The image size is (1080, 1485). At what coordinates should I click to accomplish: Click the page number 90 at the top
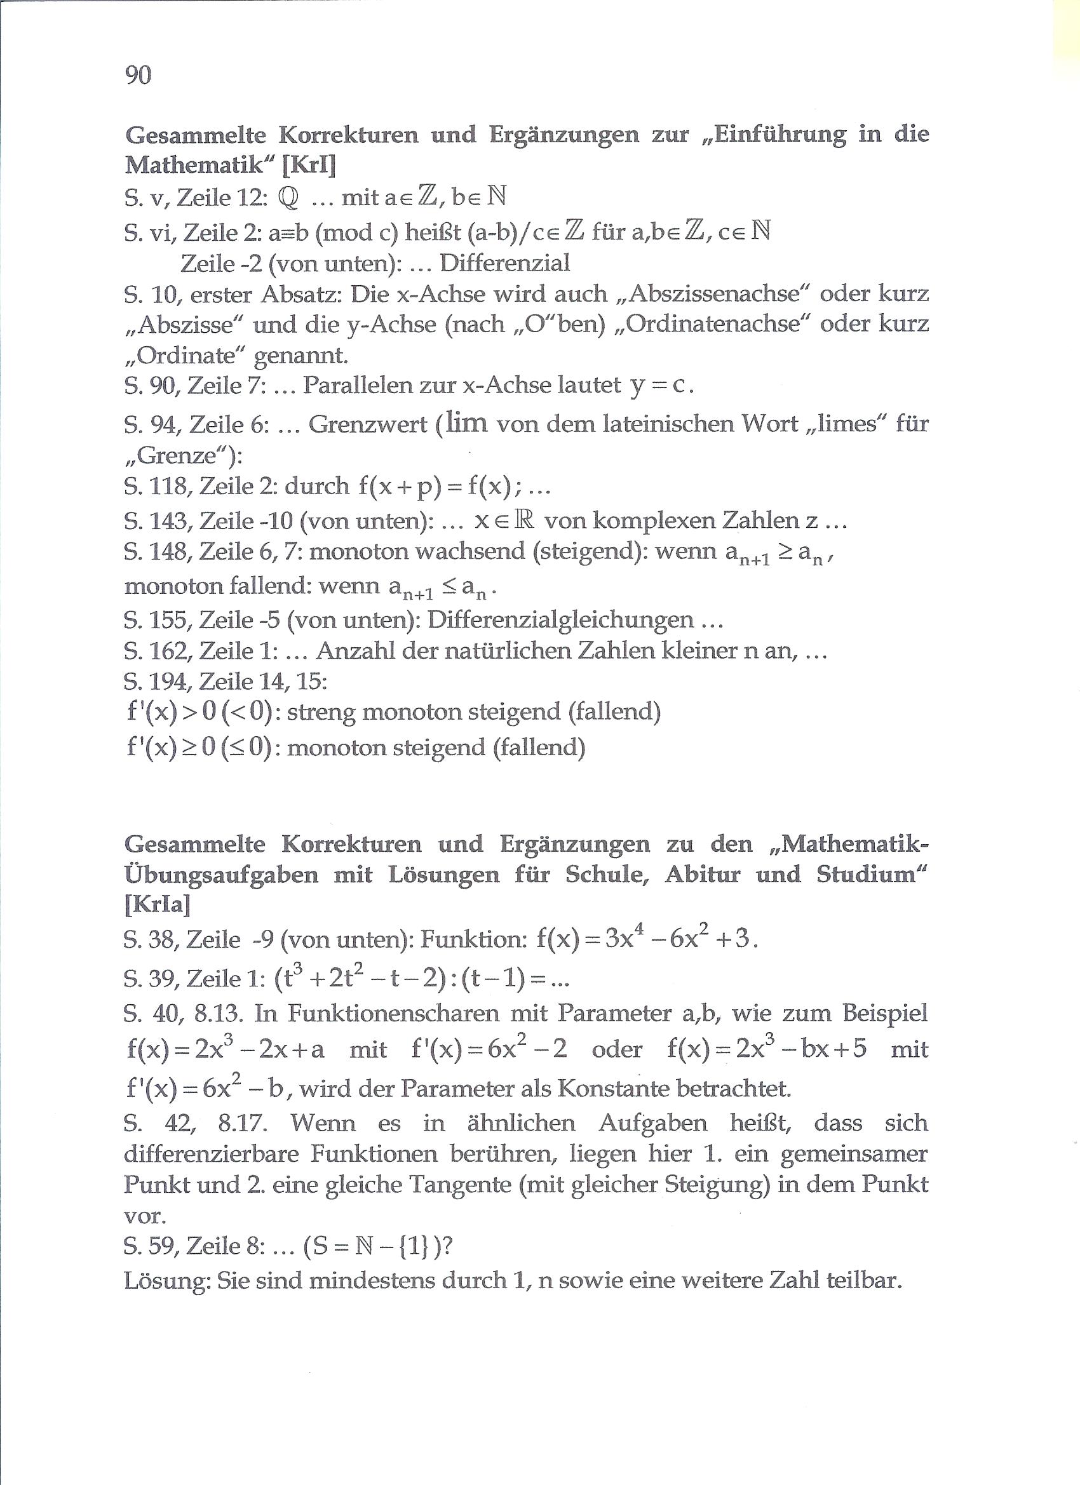137,75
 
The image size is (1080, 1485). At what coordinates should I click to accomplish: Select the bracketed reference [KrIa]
157,905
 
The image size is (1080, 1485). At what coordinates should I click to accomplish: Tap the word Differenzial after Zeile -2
504,263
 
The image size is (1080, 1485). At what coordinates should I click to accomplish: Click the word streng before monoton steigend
320,712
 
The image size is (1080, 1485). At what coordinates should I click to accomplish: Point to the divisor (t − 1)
494,979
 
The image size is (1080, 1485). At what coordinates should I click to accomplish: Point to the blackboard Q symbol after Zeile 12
288,198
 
